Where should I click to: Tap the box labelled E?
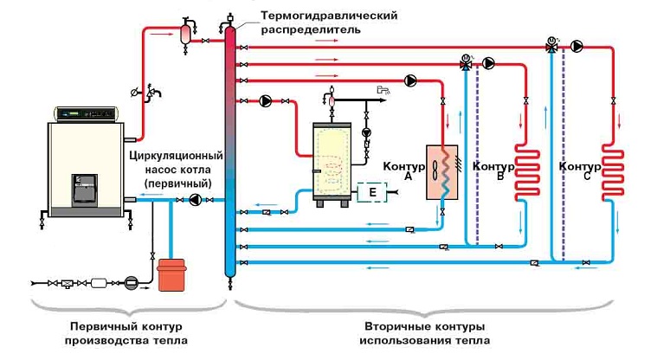pos(370,191)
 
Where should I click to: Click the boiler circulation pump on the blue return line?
pos(196,201)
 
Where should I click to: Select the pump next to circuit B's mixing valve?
pos(488,62)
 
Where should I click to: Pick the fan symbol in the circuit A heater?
pos(434,169)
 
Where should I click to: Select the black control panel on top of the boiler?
pos(85,112)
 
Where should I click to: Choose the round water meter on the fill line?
pos(131,281)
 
